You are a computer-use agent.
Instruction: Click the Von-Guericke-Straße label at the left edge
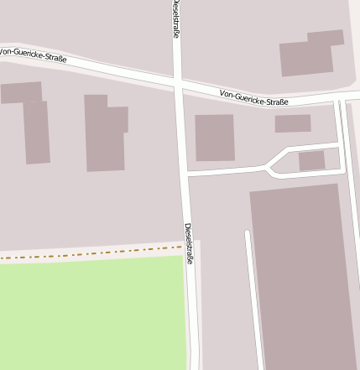(x=34, y=55)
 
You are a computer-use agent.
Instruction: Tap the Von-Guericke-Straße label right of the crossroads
(x=253, y=98)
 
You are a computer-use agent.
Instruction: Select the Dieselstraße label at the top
(x=175, y=18)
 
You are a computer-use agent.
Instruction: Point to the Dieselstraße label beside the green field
(x=190, y=243)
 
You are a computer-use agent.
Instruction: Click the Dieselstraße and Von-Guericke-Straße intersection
(x=178, y=84)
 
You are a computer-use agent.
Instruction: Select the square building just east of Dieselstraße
(x=215, y=138)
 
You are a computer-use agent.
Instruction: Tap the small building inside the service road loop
(x=311, y=160)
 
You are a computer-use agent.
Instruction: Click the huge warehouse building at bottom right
(x=304, y=277)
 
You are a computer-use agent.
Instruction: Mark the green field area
(x=92, y=315)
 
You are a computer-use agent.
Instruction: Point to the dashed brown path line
(x=84, y=253)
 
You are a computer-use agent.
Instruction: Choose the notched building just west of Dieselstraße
(x=105, y=133)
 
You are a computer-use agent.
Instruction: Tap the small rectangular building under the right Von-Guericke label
(x=293, y=123)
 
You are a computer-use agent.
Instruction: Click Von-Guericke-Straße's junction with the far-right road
(x=339, y=100)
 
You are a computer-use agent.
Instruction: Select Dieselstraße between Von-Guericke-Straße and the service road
(x=181, y=130)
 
